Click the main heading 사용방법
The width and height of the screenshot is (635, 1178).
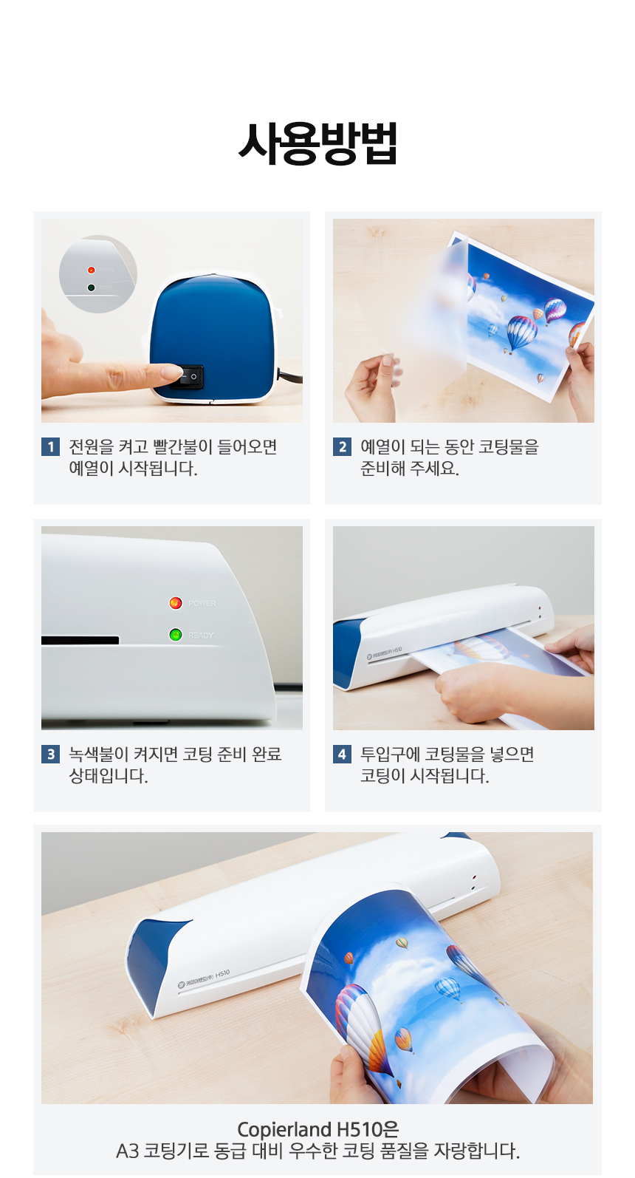[x=317, y=143]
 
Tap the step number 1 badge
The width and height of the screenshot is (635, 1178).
[x=50, y=447]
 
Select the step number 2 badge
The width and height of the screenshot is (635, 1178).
[x=342, y=447]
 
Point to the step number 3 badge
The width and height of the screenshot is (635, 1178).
[x=50, y=754]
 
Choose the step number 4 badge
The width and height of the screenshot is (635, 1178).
[x=342, y=754]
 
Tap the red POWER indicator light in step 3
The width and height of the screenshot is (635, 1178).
[x=176, y=603]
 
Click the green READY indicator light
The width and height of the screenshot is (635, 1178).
[x=176, y=635]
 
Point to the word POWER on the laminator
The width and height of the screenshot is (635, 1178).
[x=202, y=603]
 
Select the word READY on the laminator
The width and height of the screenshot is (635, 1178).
[x=201, y=636]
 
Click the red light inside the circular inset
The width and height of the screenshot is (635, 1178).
[x=91, y=270]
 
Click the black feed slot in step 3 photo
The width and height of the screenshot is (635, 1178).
[x=80, y=640]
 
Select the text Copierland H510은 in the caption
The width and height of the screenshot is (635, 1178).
[x=317, y=1129]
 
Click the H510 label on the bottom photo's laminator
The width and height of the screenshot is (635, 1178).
[x=223, y=973]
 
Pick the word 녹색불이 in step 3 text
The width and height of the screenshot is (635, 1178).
[x=99, y=754]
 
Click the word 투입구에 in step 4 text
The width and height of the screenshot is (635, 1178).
[x=390, y=754]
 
